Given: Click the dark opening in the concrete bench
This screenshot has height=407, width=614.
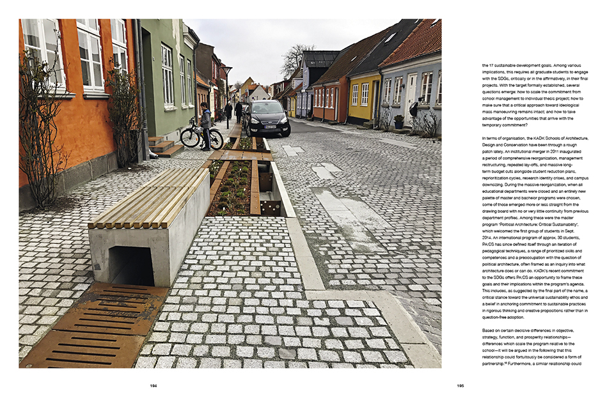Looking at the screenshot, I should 132,265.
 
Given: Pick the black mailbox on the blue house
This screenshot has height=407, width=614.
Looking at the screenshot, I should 414,109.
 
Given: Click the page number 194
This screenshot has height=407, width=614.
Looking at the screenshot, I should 153,386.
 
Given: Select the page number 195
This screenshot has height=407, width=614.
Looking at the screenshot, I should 460,386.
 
